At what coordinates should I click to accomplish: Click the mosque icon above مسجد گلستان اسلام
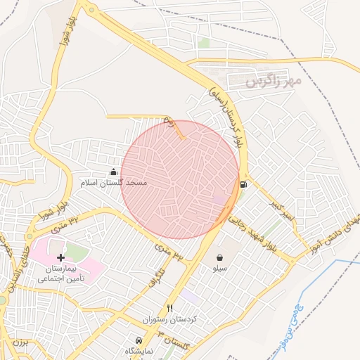114,172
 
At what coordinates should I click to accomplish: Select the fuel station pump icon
243,185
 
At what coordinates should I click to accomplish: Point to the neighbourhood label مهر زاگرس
273,82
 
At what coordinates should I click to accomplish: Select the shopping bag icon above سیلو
220,257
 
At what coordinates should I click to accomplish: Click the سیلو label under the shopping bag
220,269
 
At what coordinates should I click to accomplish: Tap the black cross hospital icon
60,258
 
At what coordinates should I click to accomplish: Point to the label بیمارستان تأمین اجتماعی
61,274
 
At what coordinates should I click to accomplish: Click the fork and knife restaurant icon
169,309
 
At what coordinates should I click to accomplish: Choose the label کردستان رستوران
167,320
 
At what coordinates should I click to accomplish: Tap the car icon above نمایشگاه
138,340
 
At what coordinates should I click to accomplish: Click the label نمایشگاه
139,351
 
